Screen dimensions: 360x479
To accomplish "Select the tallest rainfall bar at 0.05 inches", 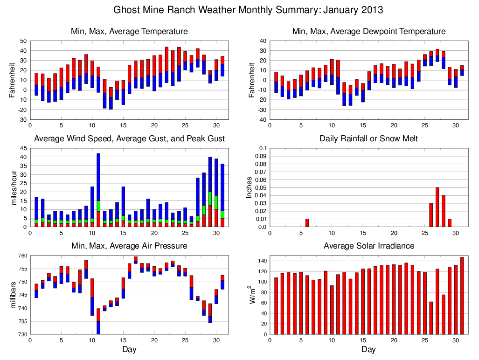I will (437, 207).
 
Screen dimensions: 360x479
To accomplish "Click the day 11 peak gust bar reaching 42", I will (98, 177).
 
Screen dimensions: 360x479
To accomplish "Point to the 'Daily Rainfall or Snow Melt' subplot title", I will (368, 138).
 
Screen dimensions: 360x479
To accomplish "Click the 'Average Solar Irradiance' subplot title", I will (368, 245).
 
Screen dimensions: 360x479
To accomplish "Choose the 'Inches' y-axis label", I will (250, 187).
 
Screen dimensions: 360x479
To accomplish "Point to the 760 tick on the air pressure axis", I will (21, 256).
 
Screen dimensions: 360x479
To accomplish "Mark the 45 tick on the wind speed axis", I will (23, 148).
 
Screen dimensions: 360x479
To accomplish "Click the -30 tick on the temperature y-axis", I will (21, 120).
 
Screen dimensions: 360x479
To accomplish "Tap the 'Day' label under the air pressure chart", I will (129, 349).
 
